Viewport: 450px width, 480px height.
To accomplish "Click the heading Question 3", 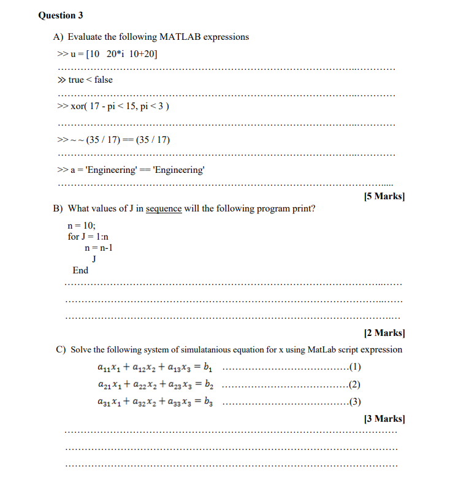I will point(61,15).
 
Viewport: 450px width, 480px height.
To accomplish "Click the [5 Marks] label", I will point(384,196).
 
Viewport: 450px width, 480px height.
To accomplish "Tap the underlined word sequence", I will point(164,208).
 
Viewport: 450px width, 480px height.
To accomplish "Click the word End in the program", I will point(80,270).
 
